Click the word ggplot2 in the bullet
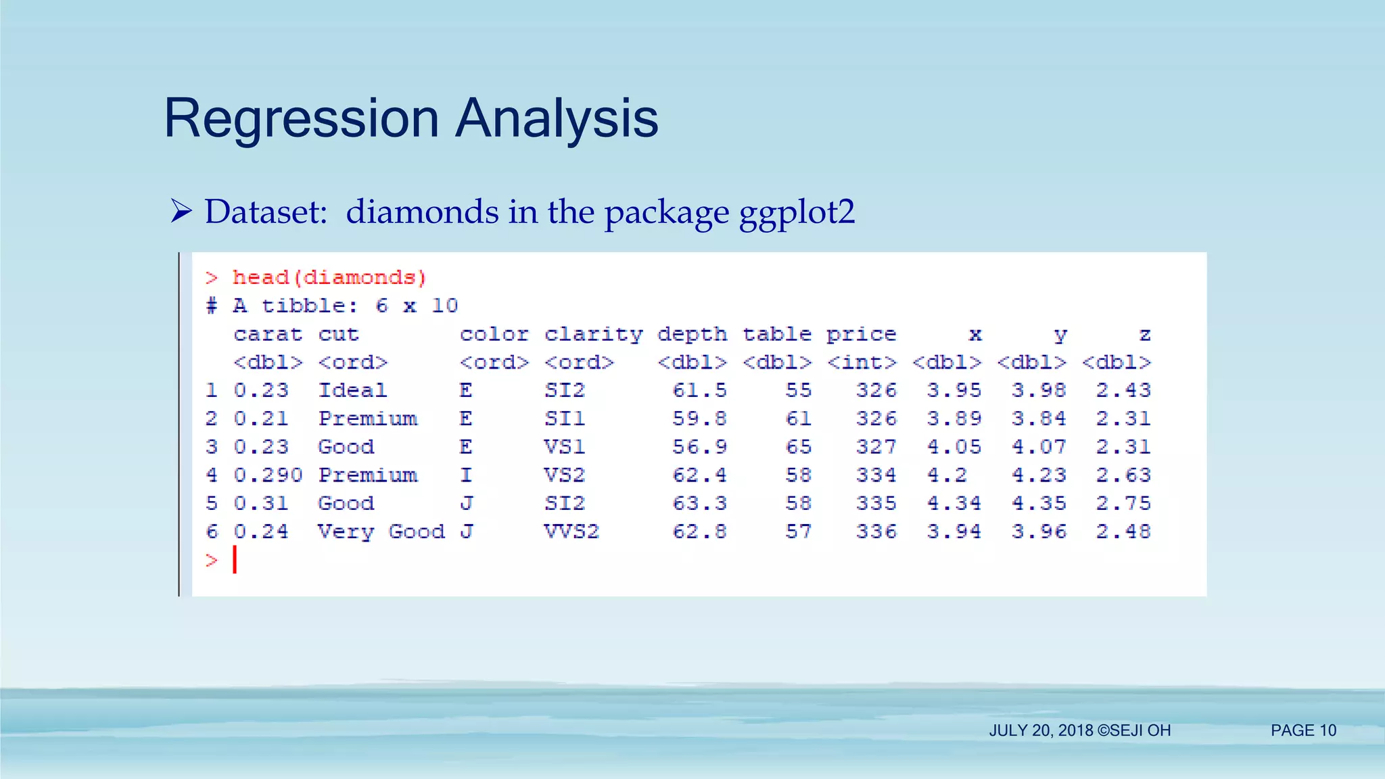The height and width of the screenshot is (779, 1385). (797, 212)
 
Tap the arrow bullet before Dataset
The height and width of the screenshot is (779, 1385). (181, 211)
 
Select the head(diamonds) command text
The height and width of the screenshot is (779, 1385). (329, 277)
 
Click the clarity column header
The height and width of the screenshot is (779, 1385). (593, 334)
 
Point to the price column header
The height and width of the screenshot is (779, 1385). (861, 334)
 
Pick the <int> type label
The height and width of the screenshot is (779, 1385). (861, 362)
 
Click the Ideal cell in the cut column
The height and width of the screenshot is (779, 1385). (352, 390)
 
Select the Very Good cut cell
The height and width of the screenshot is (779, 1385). (381, 532)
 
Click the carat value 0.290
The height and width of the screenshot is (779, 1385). (268, 475)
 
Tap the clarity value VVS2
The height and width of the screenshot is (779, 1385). (571, 532)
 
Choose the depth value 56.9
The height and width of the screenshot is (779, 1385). (699, 447)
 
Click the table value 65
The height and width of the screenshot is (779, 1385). (798, 447)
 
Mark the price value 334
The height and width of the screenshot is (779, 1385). (876, 475)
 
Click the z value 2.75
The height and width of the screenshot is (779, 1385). (1123, 503)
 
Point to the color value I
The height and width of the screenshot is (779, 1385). (466, 475)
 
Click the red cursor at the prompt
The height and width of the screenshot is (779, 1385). (235, 560)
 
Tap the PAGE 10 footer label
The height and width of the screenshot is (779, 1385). (1303, 730)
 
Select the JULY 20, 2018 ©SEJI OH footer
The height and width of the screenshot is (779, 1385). (1079, 730)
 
